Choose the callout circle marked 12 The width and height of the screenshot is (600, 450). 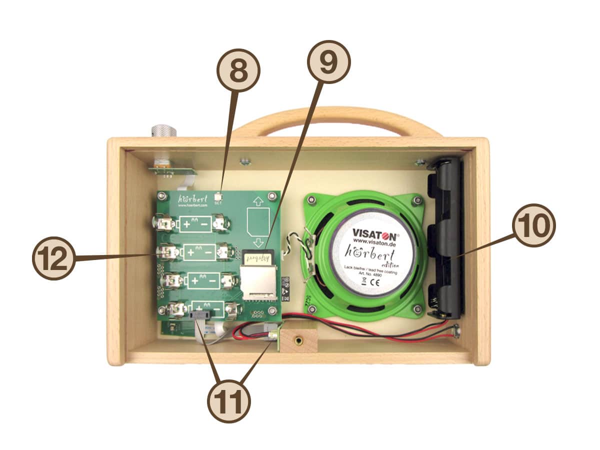[53, 258]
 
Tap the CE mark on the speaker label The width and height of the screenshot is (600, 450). [372, 281]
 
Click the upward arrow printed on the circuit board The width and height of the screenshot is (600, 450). [258, 202]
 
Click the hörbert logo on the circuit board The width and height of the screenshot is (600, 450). [190, 198]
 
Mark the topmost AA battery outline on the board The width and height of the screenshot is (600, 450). [195, 224]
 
